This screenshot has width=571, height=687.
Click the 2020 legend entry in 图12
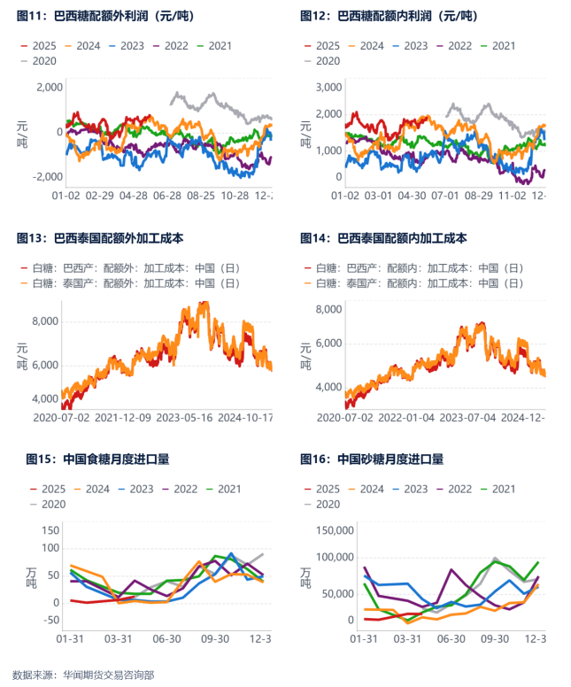[328, 60]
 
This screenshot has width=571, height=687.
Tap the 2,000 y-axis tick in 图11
[49, 87]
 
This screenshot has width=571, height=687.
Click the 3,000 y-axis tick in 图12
[329, 87]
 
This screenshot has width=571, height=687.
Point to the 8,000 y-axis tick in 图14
[329, 309]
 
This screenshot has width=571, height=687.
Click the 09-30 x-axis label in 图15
[215, 638]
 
